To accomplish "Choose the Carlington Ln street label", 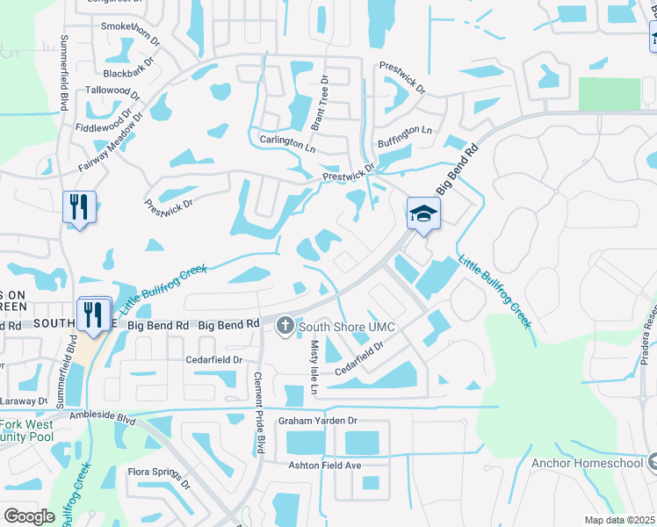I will click(285, 141).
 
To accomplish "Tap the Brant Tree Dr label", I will click(324, 102).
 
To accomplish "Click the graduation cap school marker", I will click(423, 213).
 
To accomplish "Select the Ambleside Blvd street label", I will click(104, 415).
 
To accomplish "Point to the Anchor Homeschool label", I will click(584, 463).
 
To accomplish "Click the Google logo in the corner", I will click(29, 516).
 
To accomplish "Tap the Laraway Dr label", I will click(21, 398).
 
